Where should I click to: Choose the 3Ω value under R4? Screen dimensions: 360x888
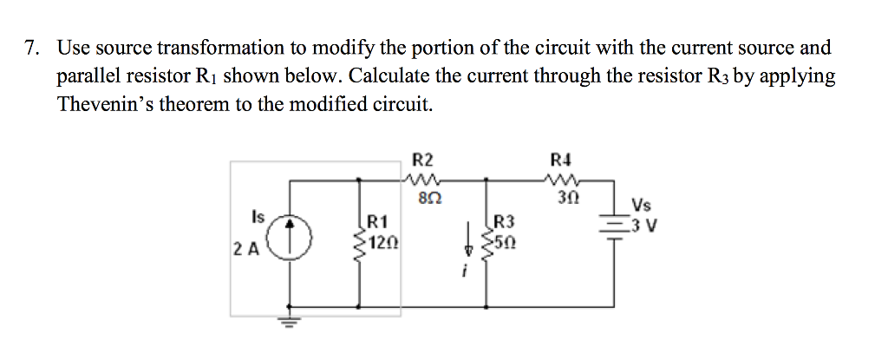coord(562,198)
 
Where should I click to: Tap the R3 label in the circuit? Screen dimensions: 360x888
coord(504,220)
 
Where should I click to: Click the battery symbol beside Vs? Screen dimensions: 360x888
coord(615,228)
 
